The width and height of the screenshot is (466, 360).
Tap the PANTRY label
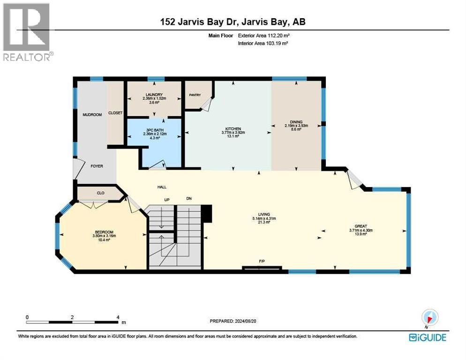point(195,95)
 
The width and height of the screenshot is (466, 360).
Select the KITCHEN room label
point(233,128)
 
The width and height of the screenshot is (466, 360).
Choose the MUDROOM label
point(92,114)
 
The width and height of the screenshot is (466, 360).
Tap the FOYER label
point(97,166)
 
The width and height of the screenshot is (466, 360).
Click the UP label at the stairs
point(166,199)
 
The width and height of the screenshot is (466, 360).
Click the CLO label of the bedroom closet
point(100,193)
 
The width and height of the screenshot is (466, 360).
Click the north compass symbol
point(429,317)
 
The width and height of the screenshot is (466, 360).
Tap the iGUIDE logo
point(427,337)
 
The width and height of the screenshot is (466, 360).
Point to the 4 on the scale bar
point(118,317)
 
